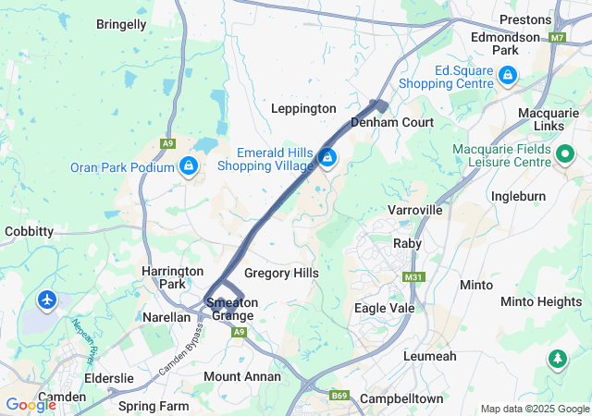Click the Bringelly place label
[121, 24]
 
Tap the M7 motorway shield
[557, 38]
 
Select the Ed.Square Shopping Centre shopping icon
[507, 74]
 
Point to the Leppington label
[303, 108]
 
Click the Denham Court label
[392, 122]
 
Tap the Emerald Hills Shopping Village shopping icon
[327, 158]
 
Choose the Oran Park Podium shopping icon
[189, 165]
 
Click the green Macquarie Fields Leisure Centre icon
[564, 155]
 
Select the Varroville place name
[416, 211]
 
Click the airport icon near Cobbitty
[47, 300]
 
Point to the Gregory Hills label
[281, 273]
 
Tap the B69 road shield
[339, 396]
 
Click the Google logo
[31, 404]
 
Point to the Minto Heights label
[541, 301]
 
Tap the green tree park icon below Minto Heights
[557, 358]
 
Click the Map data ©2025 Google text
[534, 409]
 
